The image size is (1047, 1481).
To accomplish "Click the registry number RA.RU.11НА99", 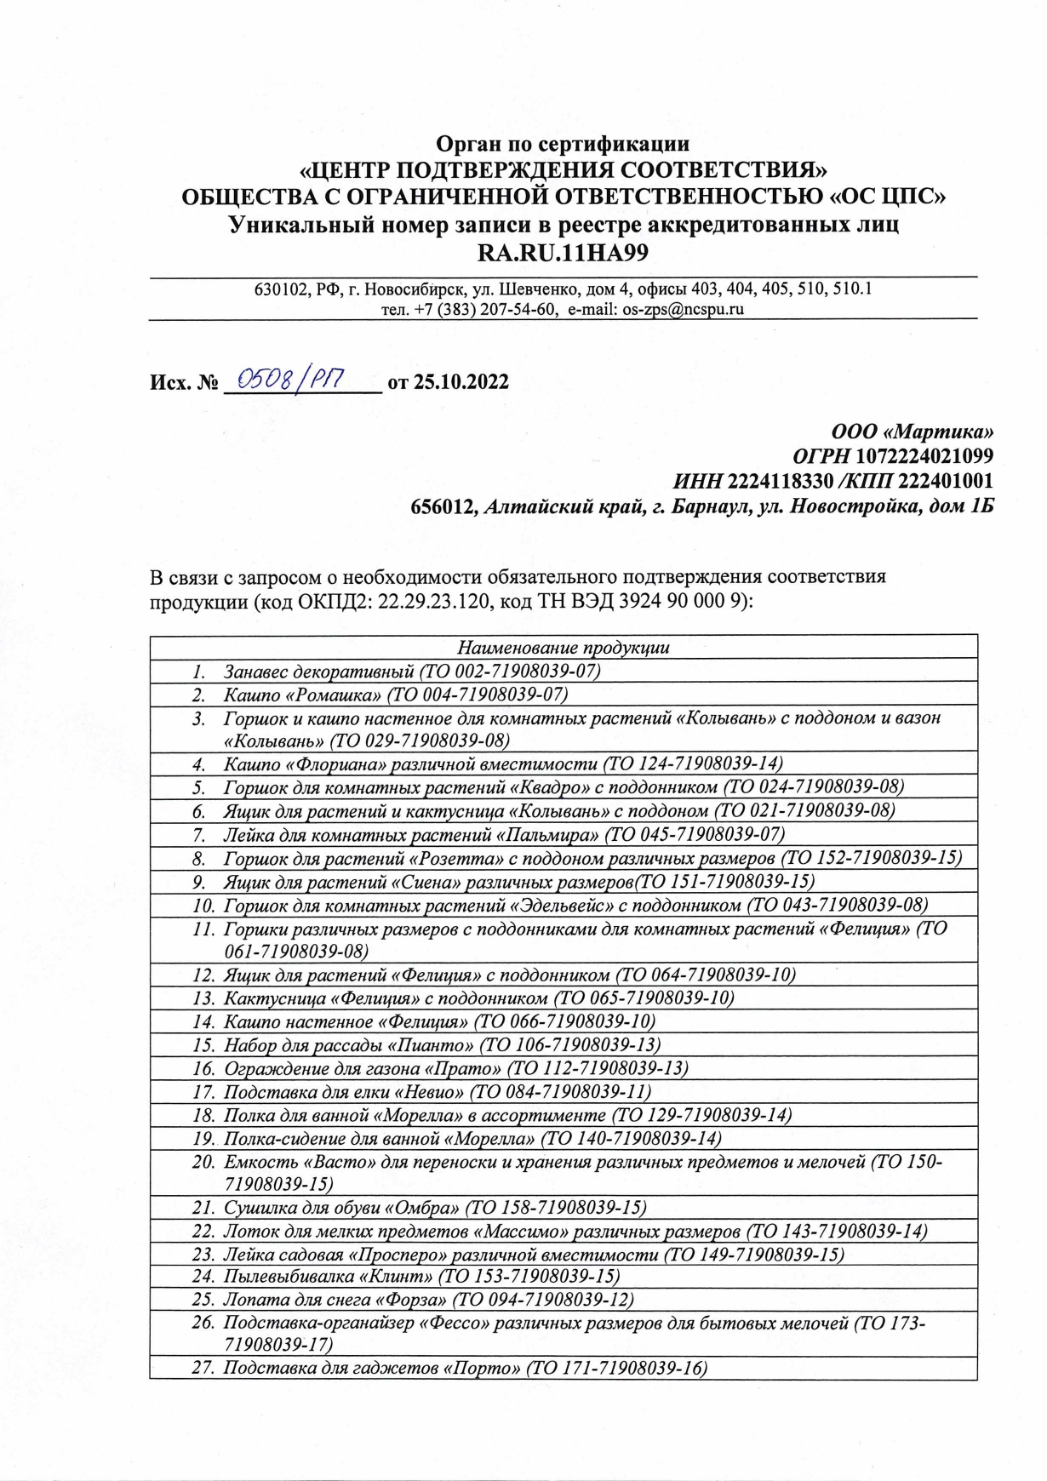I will click(564, 253).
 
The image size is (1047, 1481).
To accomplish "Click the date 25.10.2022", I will click(461, 381).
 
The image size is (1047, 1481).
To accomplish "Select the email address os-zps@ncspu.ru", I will click(684, 309).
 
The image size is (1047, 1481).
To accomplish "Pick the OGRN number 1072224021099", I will click(924, 456).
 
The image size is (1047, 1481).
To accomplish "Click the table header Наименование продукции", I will click(563, 647).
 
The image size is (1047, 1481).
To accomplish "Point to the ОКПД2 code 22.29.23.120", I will click(439, 601).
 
